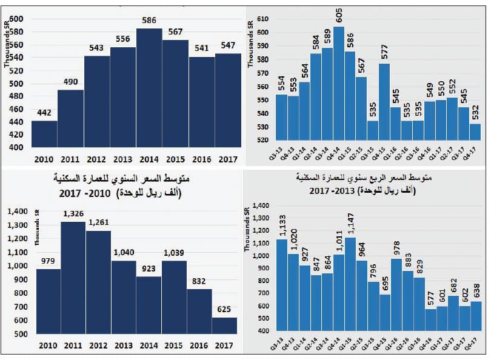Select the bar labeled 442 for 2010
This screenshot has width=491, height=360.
(44, 134)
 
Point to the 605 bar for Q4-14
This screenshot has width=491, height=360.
(339, 85)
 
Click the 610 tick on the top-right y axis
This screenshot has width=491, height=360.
(261, 19)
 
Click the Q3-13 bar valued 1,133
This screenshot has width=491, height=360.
(282, 285)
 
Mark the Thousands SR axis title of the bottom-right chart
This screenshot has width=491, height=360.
(247, 227)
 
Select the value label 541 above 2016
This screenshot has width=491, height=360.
(201, 48)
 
